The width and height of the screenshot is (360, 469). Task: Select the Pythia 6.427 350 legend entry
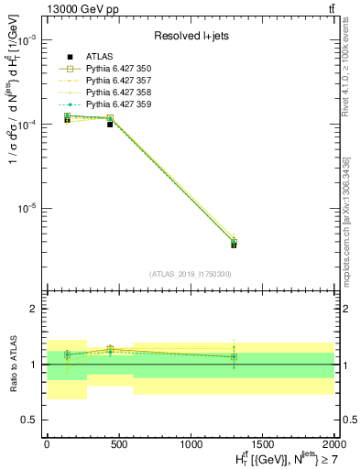click(x=112, y=70)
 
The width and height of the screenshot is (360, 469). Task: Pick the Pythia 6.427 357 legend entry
click(x=112, y=82)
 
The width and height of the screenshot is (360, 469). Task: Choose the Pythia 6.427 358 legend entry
click(x=112, y=93)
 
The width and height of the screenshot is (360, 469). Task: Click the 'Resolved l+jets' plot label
click(x=190, y=37)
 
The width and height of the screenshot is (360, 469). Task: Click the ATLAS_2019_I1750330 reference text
click(x=191, y=274)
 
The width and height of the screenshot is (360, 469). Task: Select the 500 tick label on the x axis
click(x=119, y=442)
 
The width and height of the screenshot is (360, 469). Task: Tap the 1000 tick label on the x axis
click(x=191, y=442)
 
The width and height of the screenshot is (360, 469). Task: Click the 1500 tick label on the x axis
click(x=263, y=442)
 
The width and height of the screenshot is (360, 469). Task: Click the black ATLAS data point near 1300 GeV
click(x=234, y=245)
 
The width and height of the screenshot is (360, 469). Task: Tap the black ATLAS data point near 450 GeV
click(x=110, y=124)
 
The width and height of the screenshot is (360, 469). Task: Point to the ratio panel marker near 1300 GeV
click(x=234, y=356)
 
